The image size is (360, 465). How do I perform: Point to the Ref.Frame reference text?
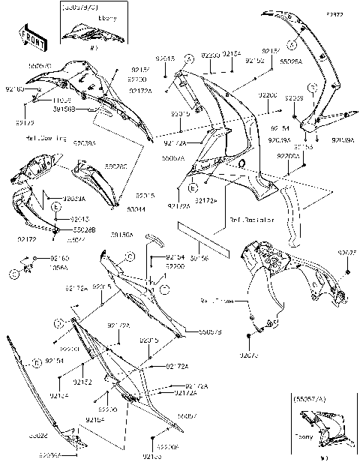pos(217,300)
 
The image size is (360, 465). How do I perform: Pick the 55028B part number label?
pos(84,229)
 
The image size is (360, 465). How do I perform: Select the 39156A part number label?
pos(121,235)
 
